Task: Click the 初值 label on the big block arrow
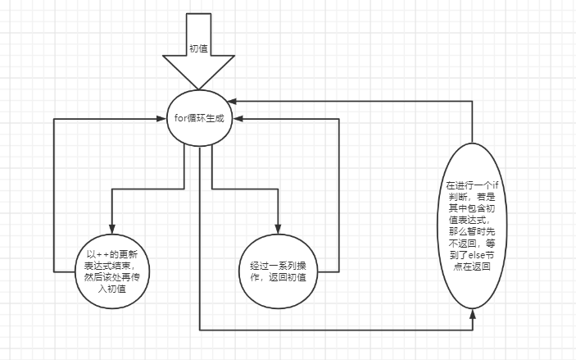pyautogui.click(x=198, y=48)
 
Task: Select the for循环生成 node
pyautogui.click(x=198, y=118)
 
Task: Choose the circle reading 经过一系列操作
pyautogui.click(x=279, y=271)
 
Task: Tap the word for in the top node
pyautogui.click(x=180, y=118)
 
